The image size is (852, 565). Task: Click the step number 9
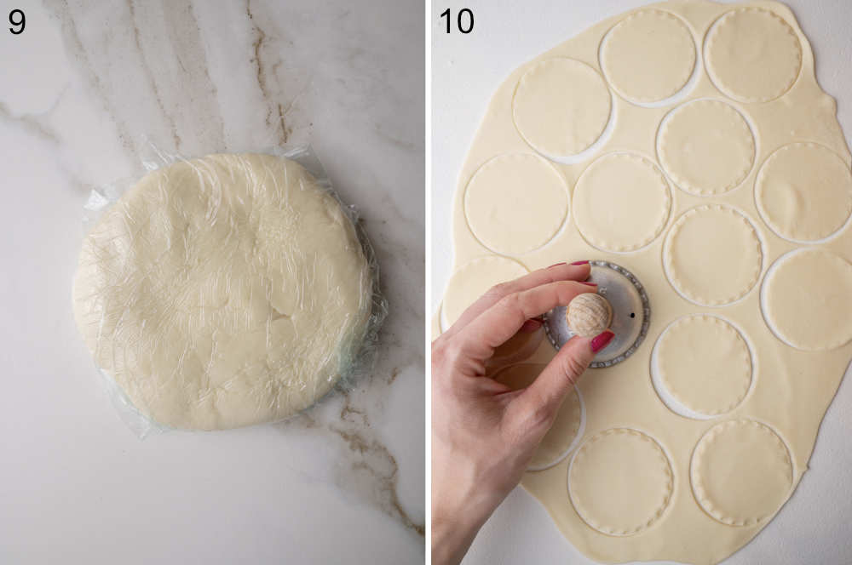pos(17,20)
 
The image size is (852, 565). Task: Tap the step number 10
pos(457,20)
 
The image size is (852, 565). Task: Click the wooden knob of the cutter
pos(589,314)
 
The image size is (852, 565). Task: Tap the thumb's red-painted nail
pos(602,341)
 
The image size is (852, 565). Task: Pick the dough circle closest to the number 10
pos(561,107)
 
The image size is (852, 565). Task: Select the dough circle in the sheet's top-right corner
pos(752,54)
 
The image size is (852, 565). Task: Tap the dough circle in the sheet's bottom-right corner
pos(741,471)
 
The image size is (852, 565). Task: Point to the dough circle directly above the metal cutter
pos(621,202)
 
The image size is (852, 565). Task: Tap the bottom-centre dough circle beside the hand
pos(620,481)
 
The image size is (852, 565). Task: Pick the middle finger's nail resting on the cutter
pos(532,325)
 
